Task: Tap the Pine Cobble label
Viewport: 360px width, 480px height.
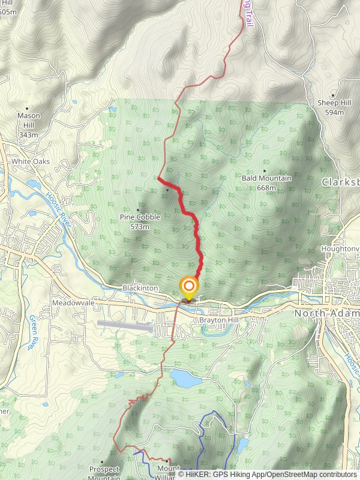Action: [140, 217]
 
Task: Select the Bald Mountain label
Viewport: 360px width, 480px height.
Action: [266, 178]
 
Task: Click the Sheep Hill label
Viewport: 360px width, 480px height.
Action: [334, 103]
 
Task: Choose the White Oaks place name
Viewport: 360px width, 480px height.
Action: [30, 162]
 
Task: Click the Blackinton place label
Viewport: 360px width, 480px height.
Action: [140, 289]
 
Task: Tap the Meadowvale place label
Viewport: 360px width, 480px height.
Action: [73, 303]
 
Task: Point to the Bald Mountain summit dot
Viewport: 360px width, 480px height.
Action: [264, 171]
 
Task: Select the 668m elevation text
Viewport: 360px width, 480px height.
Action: [266, 188]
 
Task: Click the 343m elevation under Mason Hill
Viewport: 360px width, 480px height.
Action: [28, 135]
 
